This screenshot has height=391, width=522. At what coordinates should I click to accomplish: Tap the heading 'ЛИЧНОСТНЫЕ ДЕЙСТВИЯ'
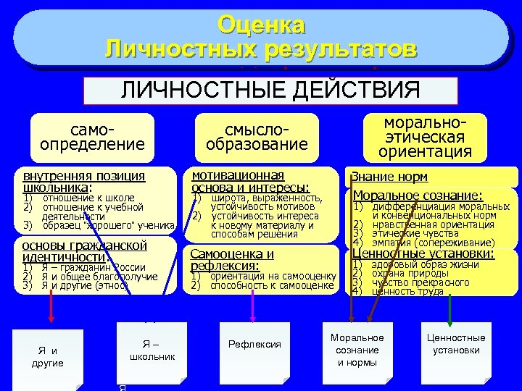pyautogui.click(x=270, y=91)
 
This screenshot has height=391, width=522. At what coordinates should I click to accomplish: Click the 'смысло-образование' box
pyautogui.click(x=257, y=136)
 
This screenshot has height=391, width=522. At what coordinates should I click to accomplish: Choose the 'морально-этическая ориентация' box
pyautogui.click(x=424, y=135)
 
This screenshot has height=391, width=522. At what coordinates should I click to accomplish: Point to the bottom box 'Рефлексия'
pyautogui.click(x=254, y=344)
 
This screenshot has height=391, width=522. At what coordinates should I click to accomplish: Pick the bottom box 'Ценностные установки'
pyautogui.click(x=456, y=344)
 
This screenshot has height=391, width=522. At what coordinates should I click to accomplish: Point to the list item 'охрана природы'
pyautogui.click(x=402, y=273)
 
